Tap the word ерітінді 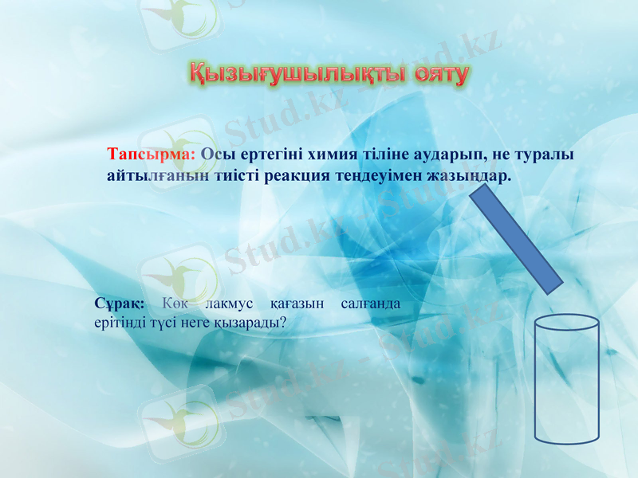pos(119,323)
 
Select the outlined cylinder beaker pos(566,382)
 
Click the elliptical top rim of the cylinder pos(566,322)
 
